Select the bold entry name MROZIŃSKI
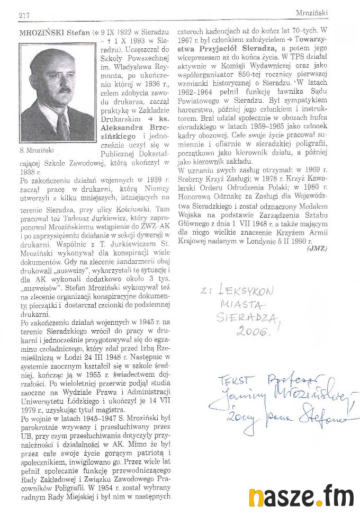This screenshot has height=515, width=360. coord(40,33)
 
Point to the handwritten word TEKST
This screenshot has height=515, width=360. coord(220,380)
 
